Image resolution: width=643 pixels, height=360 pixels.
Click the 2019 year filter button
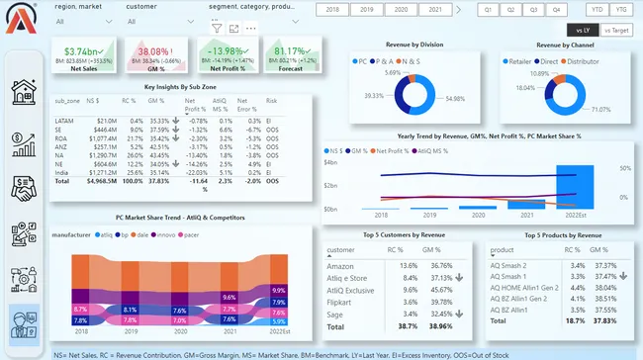tap(366, 9)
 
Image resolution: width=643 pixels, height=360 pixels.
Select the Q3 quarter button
tap(534, 9)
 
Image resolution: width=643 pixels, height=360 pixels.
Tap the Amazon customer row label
tap(340, 265)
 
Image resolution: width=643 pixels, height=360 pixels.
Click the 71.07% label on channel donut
tap(599, 109)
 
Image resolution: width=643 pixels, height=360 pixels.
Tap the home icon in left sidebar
tap(24, 94)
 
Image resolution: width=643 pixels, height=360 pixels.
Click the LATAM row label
tap(64, 119)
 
